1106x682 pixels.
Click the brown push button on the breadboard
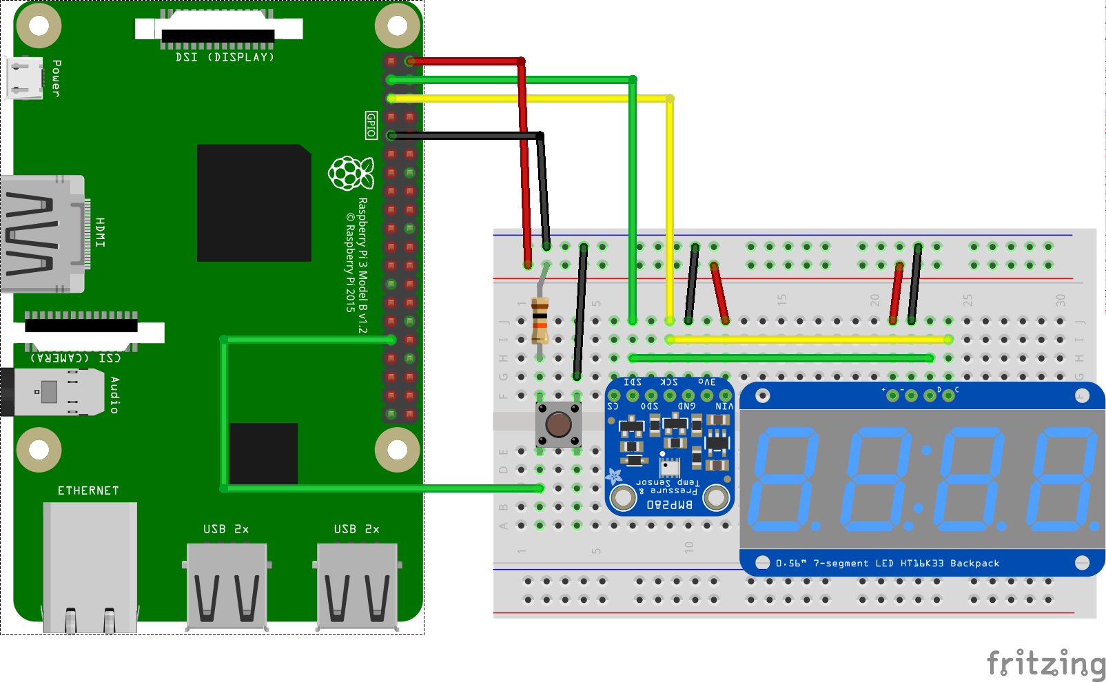click(558, 424)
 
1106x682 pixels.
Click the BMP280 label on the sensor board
click(669, 505)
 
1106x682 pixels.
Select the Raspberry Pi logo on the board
click(351, 172)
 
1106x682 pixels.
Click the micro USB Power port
click(24, 78)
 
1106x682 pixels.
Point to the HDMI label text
click(101, 232)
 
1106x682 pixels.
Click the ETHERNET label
click(88, 490)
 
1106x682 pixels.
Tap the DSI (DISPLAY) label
click(225, 57)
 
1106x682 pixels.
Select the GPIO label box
click(371, 125)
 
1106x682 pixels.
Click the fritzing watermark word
click(1045, 664)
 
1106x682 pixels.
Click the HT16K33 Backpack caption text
click(950, 564)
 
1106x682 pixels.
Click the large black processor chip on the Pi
click(254, 203)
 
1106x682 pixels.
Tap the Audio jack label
click(114, 395)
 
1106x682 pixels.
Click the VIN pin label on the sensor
click(724, 406)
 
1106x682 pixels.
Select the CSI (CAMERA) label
click(76, 358)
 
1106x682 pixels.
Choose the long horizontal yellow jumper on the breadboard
click(809, 339)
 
